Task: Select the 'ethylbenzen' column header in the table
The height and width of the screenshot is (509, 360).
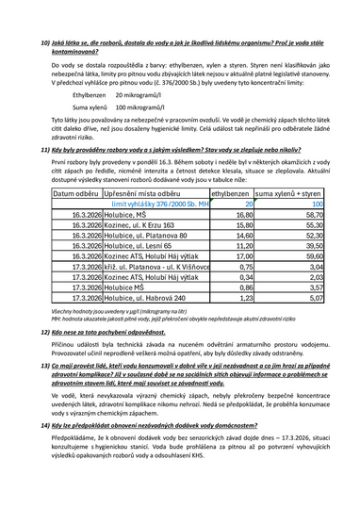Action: [230, 192]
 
